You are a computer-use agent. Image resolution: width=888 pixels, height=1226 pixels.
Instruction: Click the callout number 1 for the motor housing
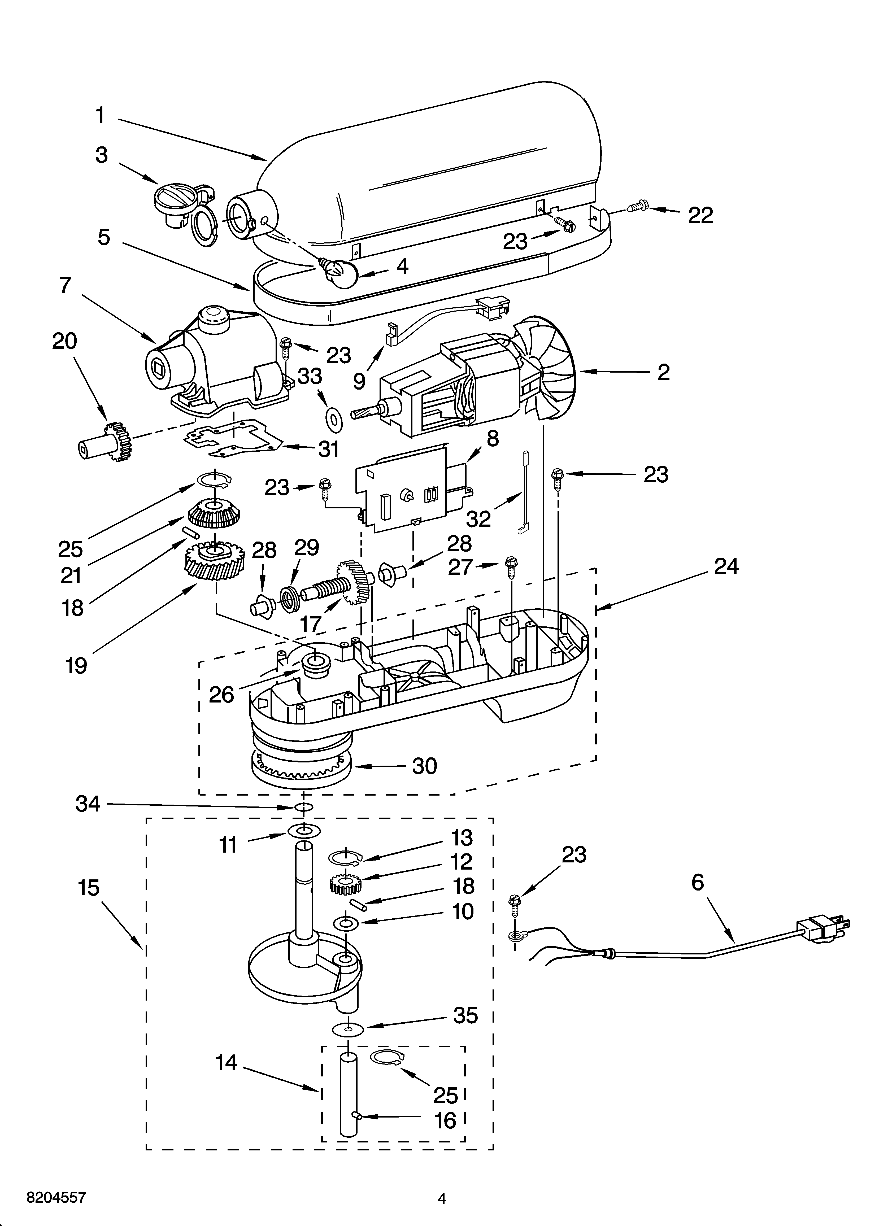click(100, 115)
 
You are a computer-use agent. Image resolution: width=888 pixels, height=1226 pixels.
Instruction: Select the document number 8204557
click(56, 1182)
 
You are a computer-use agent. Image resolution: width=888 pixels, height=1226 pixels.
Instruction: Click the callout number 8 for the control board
click(492, 439)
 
